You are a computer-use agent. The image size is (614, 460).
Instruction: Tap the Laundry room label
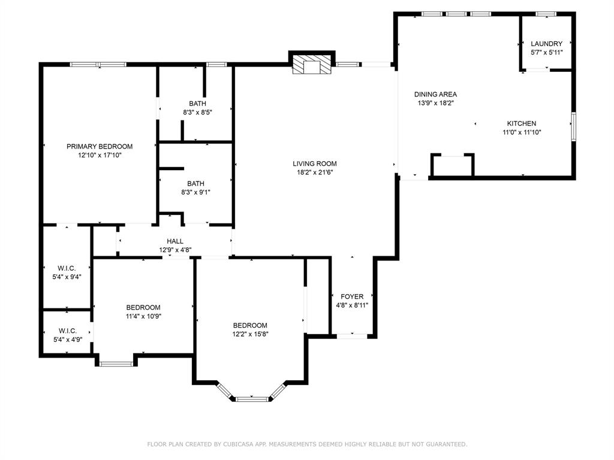pyautogui.click(x=546, y=43)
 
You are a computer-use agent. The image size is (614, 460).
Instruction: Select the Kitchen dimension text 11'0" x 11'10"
pyautogui.click(x=522, y=132)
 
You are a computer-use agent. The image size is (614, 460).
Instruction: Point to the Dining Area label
pyautogui.click(x=435, y=94)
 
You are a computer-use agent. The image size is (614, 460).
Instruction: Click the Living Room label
pyautogui.click(x=314, y=164)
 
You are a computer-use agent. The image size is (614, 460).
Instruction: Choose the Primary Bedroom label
pyautogui.click(x=100, y=146)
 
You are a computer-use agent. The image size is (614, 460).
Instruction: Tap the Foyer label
pyautogui.click(x=351, y=296)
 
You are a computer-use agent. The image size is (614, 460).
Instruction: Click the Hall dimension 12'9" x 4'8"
pyautogui.click(x=175, y=250)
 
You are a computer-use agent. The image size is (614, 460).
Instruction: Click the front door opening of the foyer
pyautogui.click(x=352, y=336)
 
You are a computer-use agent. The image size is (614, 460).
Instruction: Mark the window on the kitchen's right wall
pyautogui.click(x=573, y=126)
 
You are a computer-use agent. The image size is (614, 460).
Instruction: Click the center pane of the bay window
pyautogui.click(x=252, y=399)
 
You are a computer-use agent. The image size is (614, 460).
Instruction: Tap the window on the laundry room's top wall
pyautogui.click(x=546, y=14)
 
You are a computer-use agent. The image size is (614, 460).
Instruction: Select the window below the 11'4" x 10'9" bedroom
pyautogui.click(x=116, y=364)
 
